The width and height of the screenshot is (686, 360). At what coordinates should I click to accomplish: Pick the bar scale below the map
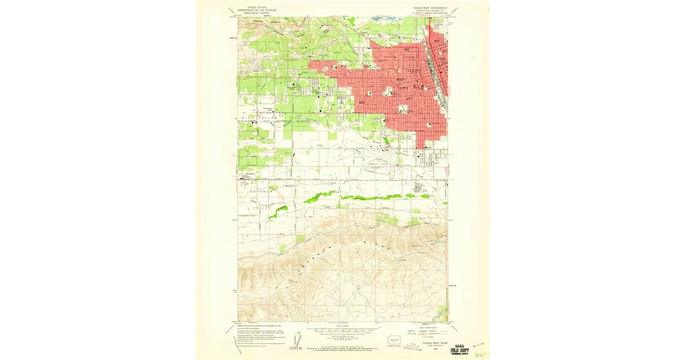click(342, 330)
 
